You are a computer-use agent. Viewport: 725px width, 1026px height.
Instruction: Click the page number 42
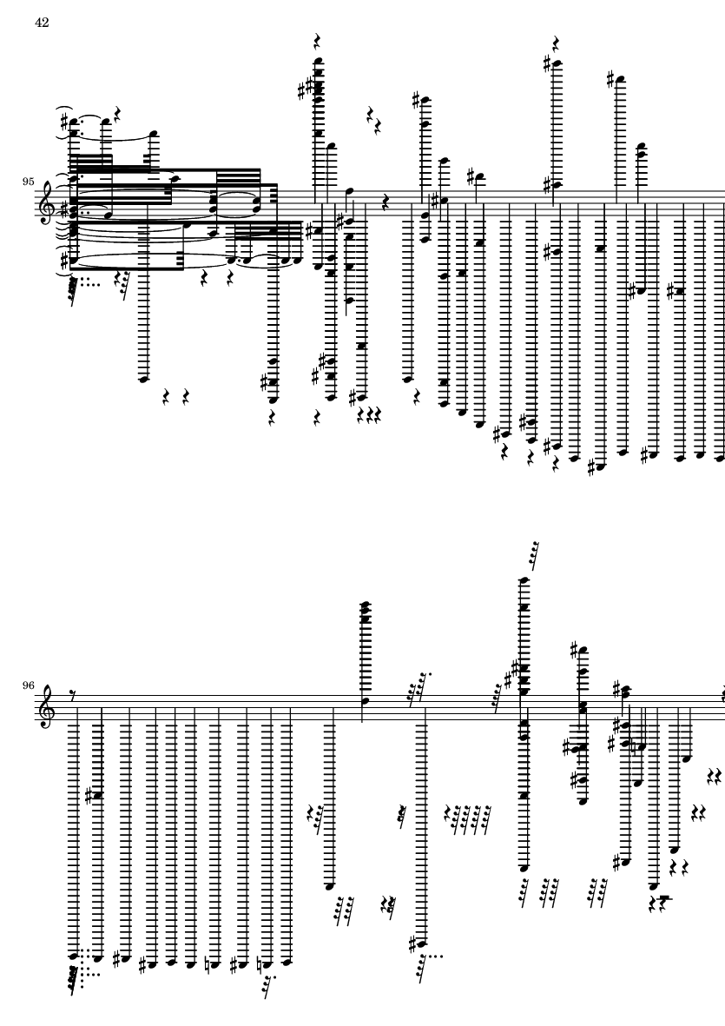tap(42, 22)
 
